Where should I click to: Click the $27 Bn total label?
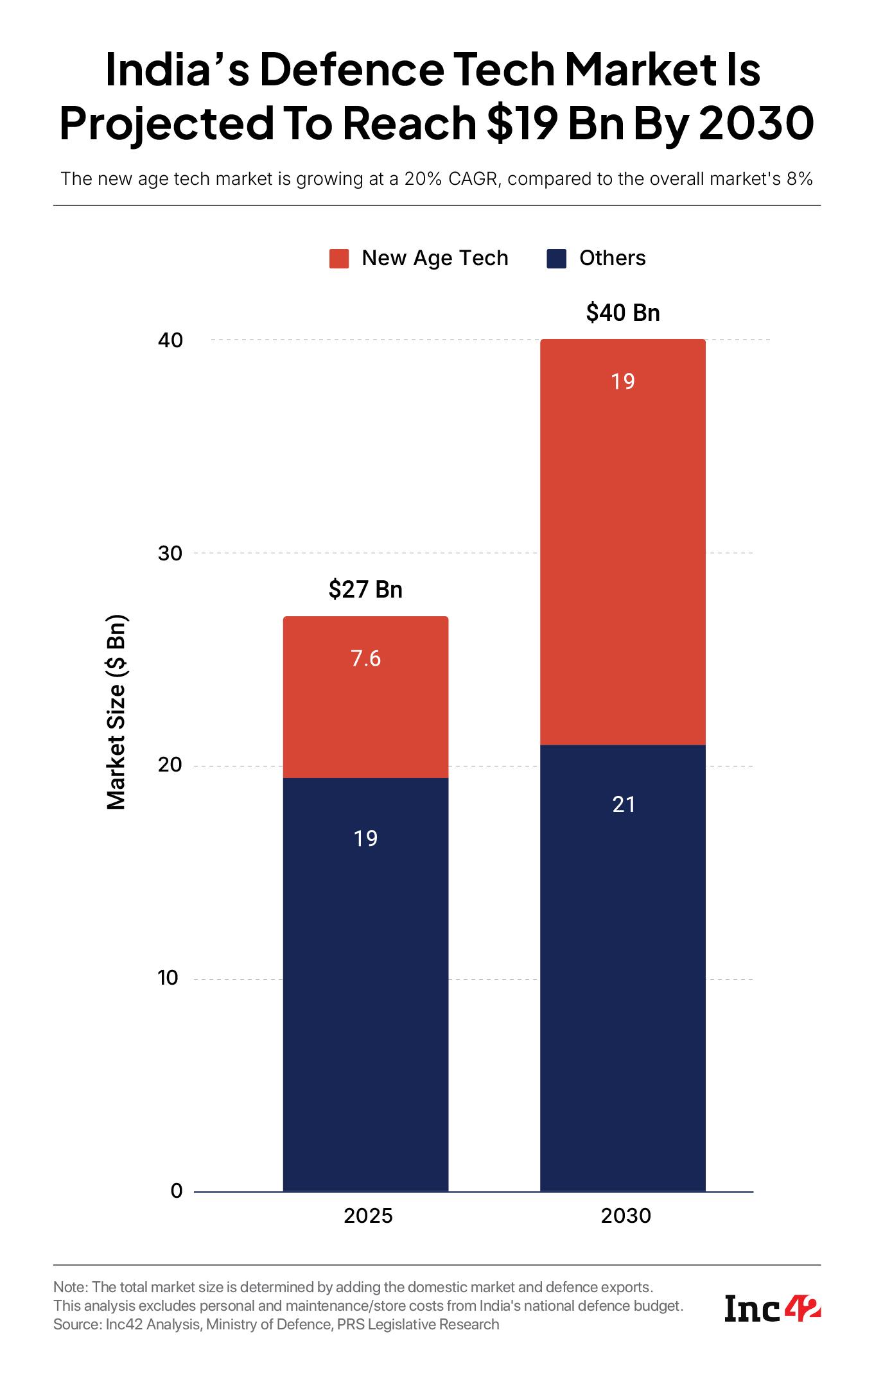coord(365,589)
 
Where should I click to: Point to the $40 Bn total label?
coord(622,313)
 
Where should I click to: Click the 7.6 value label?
coord(365,659)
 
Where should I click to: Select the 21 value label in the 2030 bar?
coord(623,804)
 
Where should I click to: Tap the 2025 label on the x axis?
coord(368,1216)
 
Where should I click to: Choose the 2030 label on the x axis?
coord(625,1216)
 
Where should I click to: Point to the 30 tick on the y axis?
coord(170,553)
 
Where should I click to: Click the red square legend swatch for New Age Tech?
coord(338,259)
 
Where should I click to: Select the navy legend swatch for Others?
coord(556,259)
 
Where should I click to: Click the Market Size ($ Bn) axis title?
coord(116,713)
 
